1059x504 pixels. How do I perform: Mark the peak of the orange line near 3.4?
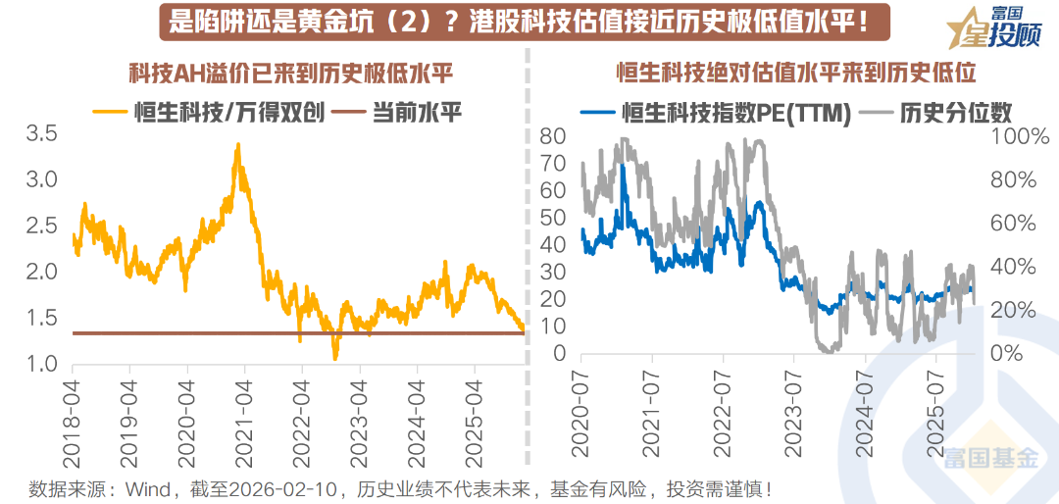click(237, 145)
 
